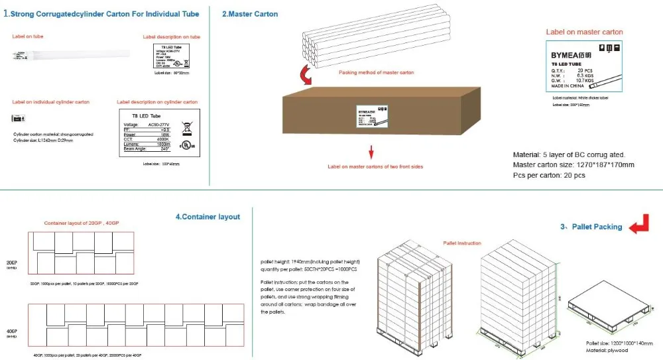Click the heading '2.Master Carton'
[x=250, y=14]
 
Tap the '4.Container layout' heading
[x=208, y=217]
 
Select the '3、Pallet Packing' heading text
[x=591, y=227]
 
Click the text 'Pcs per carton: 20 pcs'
[x=549, y=175]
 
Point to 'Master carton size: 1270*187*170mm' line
[x=573, y=164]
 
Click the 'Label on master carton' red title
[x=584, y=32]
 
